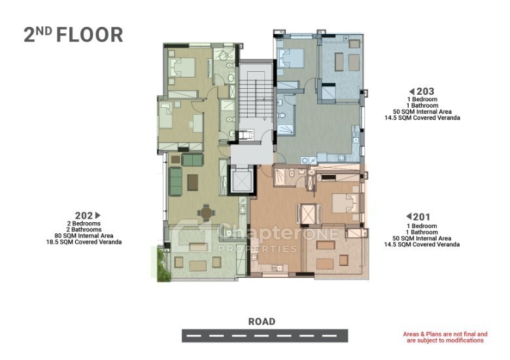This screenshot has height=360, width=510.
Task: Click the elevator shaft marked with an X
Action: coord(241,180)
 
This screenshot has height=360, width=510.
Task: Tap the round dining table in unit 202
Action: coord(206,213)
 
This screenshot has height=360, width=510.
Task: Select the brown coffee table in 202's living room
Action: coord(192,182)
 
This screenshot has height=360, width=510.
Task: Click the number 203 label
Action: coord(426,91)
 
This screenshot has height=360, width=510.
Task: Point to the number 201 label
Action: coord(422,217)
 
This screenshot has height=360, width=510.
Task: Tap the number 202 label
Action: coord(84,216)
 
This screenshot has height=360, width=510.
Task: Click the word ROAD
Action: coord(262,321)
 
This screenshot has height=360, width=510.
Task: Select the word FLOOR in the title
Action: coord(90,35)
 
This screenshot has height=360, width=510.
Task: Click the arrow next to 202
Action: coord(97,215)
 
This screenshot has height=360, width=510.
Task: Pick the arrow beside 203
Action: coord(412,91)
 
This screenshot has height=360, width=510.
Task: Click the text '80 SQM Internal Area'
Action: coord(84,236)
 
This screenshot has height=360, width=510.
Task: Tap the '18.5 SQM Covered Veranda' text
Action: coord(84,242)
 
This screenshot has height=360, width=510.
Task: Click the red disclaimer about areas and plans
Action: coord(445,337)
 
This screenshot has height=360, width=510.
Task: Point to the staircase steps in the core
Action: coord(256,98)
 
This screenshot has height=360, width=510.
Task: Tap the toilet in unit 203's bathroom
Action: coord(282,116)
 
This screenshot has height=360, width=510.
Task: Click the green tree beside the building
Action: coord(163,265)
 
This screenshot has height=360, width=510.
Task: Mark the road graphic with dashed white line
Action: coord(265,336)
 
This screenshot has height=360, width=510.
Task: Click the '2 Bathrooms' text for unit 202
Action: coord(84,230)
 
